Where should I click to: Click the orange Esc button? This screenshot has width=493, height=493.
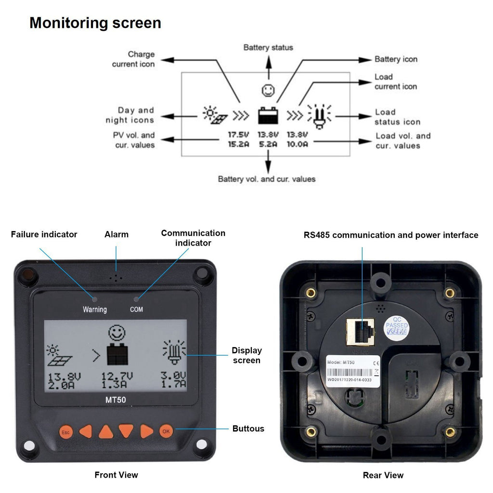pos(65,431)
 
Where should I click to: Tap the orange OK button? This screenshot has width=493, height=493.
pos(166,431)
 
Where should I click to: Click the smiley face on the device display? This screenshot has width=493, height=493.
pos(116,332)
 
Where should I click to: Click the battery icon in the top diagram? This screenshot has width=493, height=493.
pos(267,116)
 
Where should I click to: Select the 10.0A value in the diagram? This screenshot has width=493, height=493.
pos(297,144)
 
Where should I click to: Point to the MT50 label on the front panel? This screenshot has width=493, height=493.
pos(116,399)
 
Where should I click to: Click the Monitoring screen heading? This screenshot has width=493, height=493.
pos(95,23)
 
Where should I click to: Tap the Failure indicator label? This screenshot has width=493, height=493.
pos(44,234)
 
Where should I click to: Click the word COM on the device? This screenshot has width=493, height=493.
pos(136,310)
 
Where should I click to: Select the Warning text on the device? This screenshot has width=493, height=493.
pos(94,310)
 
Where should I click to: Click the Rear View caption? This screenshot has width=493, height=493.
pos(383,475)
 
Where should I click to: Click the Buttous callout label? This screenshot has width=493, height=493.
pos(248,428)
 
